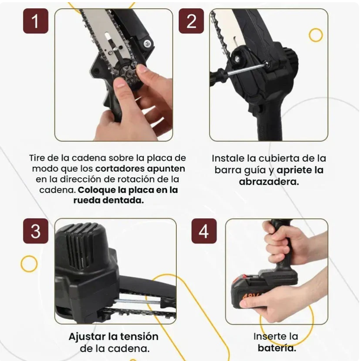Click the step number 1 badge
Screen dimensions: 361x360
pyautogui.click(x=35, y=21)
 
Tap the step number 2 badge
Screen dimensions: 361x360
pyautogui.click(x=191, y=21)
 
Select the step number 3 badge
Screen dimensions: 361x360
pyautogui.click(x=35, y=231)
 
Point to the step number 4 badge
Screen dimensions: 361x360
pyautogui.click(x=204, y=231)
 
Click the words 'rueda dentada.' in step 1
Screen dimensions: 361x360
pyautogui.click(x=108, y=200)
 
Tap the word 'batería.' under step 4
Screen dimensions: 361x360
pyautogui.click(x=276, y=348)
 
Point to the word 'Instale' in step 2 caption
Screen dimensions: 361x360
pyautogui.click(x=229, y=158)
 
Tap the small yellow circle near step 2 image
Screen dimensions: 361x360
pyautogui.click(x=315, y=35)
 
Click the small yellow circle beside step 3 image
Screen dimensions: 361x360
pyautogui.click(x=29, y=264)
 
